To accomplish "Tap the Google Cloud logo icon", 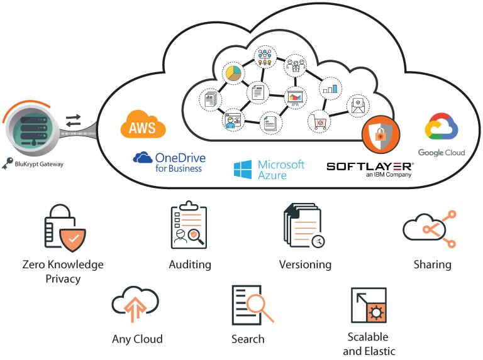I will (441, 129).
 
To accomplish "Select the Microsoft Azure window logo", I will (243, 169).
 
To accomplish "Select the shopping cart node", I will (320, 121).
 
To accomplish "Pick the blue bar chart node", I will (330, 89).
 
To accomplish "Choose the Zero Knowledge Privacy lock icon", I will (64, 226).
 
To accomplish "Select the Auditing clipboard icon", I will (189, 226).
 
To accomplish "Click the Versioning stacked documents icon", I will (304, 226).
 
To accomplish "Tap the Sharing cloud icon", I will (428, 227).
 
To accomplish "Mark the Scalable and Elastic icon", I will (369, 305).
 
